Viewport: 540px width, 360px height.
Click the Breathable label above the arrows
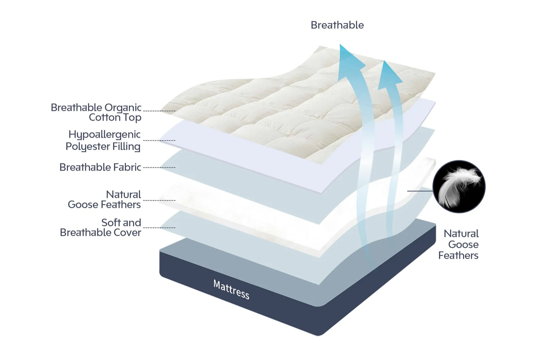pos(337,25)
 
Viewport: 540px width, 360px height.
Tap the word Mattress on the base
pos(231,290)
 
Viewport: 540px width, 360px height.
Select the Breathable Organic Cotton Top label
pos(96,112)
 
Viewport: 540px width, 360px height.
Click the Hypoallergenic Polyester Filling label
pos(103,140)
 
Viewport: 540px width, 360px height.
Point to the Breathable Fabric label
pos(100,167)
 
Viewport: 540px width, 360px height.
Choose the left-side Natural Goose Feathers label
pos(104,199)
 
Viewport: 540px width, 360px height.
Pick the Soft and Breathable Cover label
pos(100,227)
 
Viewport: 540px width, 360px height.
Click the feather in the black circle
pos(459,186)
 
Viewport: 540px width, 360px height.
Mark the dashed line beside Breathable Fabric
pos(159,168)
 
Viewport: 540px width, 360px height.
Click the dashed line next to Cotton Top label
pos(159,111)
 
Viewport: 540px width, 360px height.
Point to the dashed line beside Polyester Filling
pos(159,140)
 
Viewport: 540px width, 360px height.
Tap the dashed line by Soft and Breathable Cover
pos(159,228)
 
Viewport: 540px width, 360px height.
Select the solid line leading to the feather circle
pos(420,191)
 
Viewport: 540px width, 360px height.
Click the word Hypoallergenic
pos(104,135)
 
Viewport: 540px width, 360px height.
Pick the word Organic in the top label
pos(123,108)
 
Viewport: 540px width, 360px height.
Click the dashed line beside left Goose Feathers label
pos(159,200)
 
